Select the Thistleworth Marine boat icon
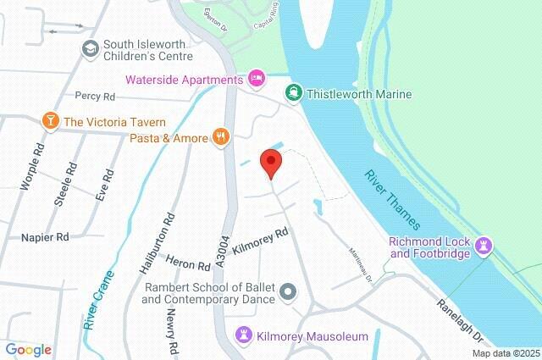pos(294,93)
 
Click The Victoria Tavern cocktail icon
pos(50,121)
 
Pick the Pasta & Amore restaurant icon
pos(221,136)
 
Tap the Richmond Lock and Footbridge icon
pos(484,246)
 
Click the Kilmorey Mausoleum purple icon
pos(244,335)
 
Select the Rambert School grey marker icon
pos(289,292)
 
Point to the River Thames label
pos(391,201)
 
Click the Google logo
pos(28,349)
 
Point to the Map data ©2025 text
pos(506,354)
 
